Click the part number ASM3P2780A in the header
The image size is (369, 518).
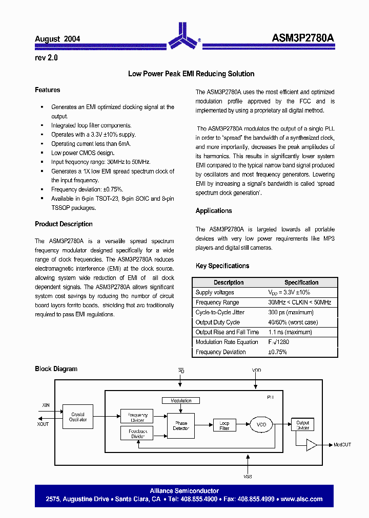(303, 38)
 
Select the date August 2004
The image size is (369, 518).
(57, 39)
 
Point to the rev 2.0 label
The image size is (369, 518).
(46, 58)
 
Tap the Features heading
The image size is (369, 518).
(47, 90)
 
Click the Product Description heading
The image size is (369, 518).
(64, 224)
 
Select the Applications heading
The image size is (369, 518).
(214, 211)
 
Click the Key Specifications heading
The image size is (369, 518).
(222, 266)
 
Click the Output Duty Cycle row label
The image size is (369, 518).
(217, 322)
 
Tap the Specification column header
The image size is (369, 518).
(301, 283)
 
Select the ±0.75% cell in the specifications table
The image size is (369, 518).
(277, 352)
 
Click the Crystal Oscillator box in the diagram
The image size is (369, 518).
(78, 417)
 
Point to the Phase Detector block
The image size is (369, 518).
(181, 426)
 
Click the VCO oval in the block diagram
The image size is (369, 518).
(261, 424)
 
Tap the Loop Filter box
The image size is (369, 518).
(224, 425)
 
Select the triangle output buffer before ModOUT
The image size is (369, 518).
(311, 445)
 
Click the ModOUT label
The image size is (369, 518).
(342, 445)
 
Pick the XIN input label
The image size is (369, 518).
(46, 405)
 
